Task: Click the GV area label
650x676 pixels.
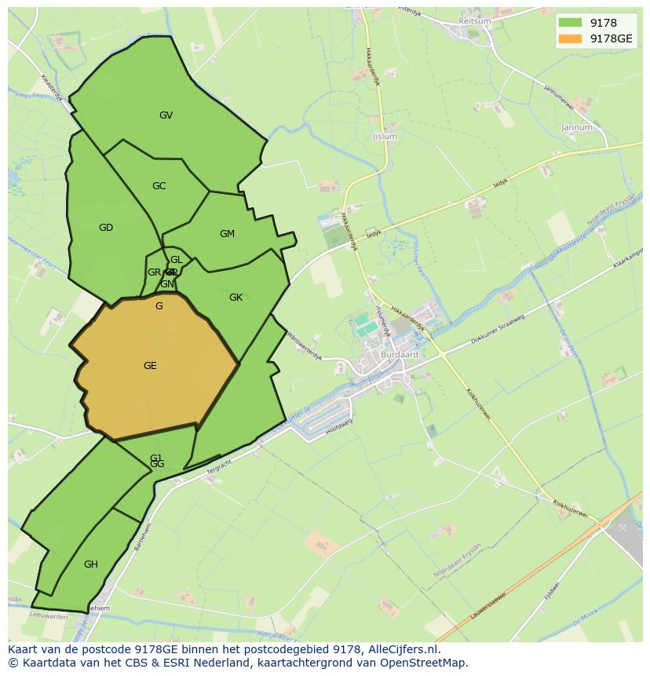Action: [166, 115]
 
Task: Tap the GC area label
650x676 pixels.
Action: [159, 186]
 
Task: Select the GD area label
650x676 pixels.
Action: [106, 228]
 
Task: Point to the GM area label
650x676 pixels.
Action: [227, 234]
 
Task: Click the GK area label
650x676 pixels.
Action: [236, 298]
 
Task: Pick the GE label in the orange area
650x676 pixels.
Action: [150, 366]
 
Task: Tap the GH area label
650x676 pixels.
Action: [91, 565]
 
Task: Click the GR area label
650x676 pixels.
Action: [154, 272]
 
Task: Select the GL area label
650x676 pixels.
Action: [176, 260]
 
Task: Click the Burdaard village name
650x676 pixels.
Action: [400, 354]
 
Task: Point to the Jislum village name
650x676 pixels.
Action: [385, 137]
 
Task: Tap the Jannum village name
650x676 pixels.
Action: [576, 127]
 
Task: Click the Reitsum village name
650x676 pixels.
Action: [474, 21]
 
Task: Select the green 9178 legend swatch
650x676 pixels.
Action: [571, 24]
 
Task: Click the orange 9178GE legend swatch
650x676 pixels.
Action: [571, 38]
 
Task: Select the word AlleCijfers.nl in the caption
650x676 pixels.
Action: [403, 650]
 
